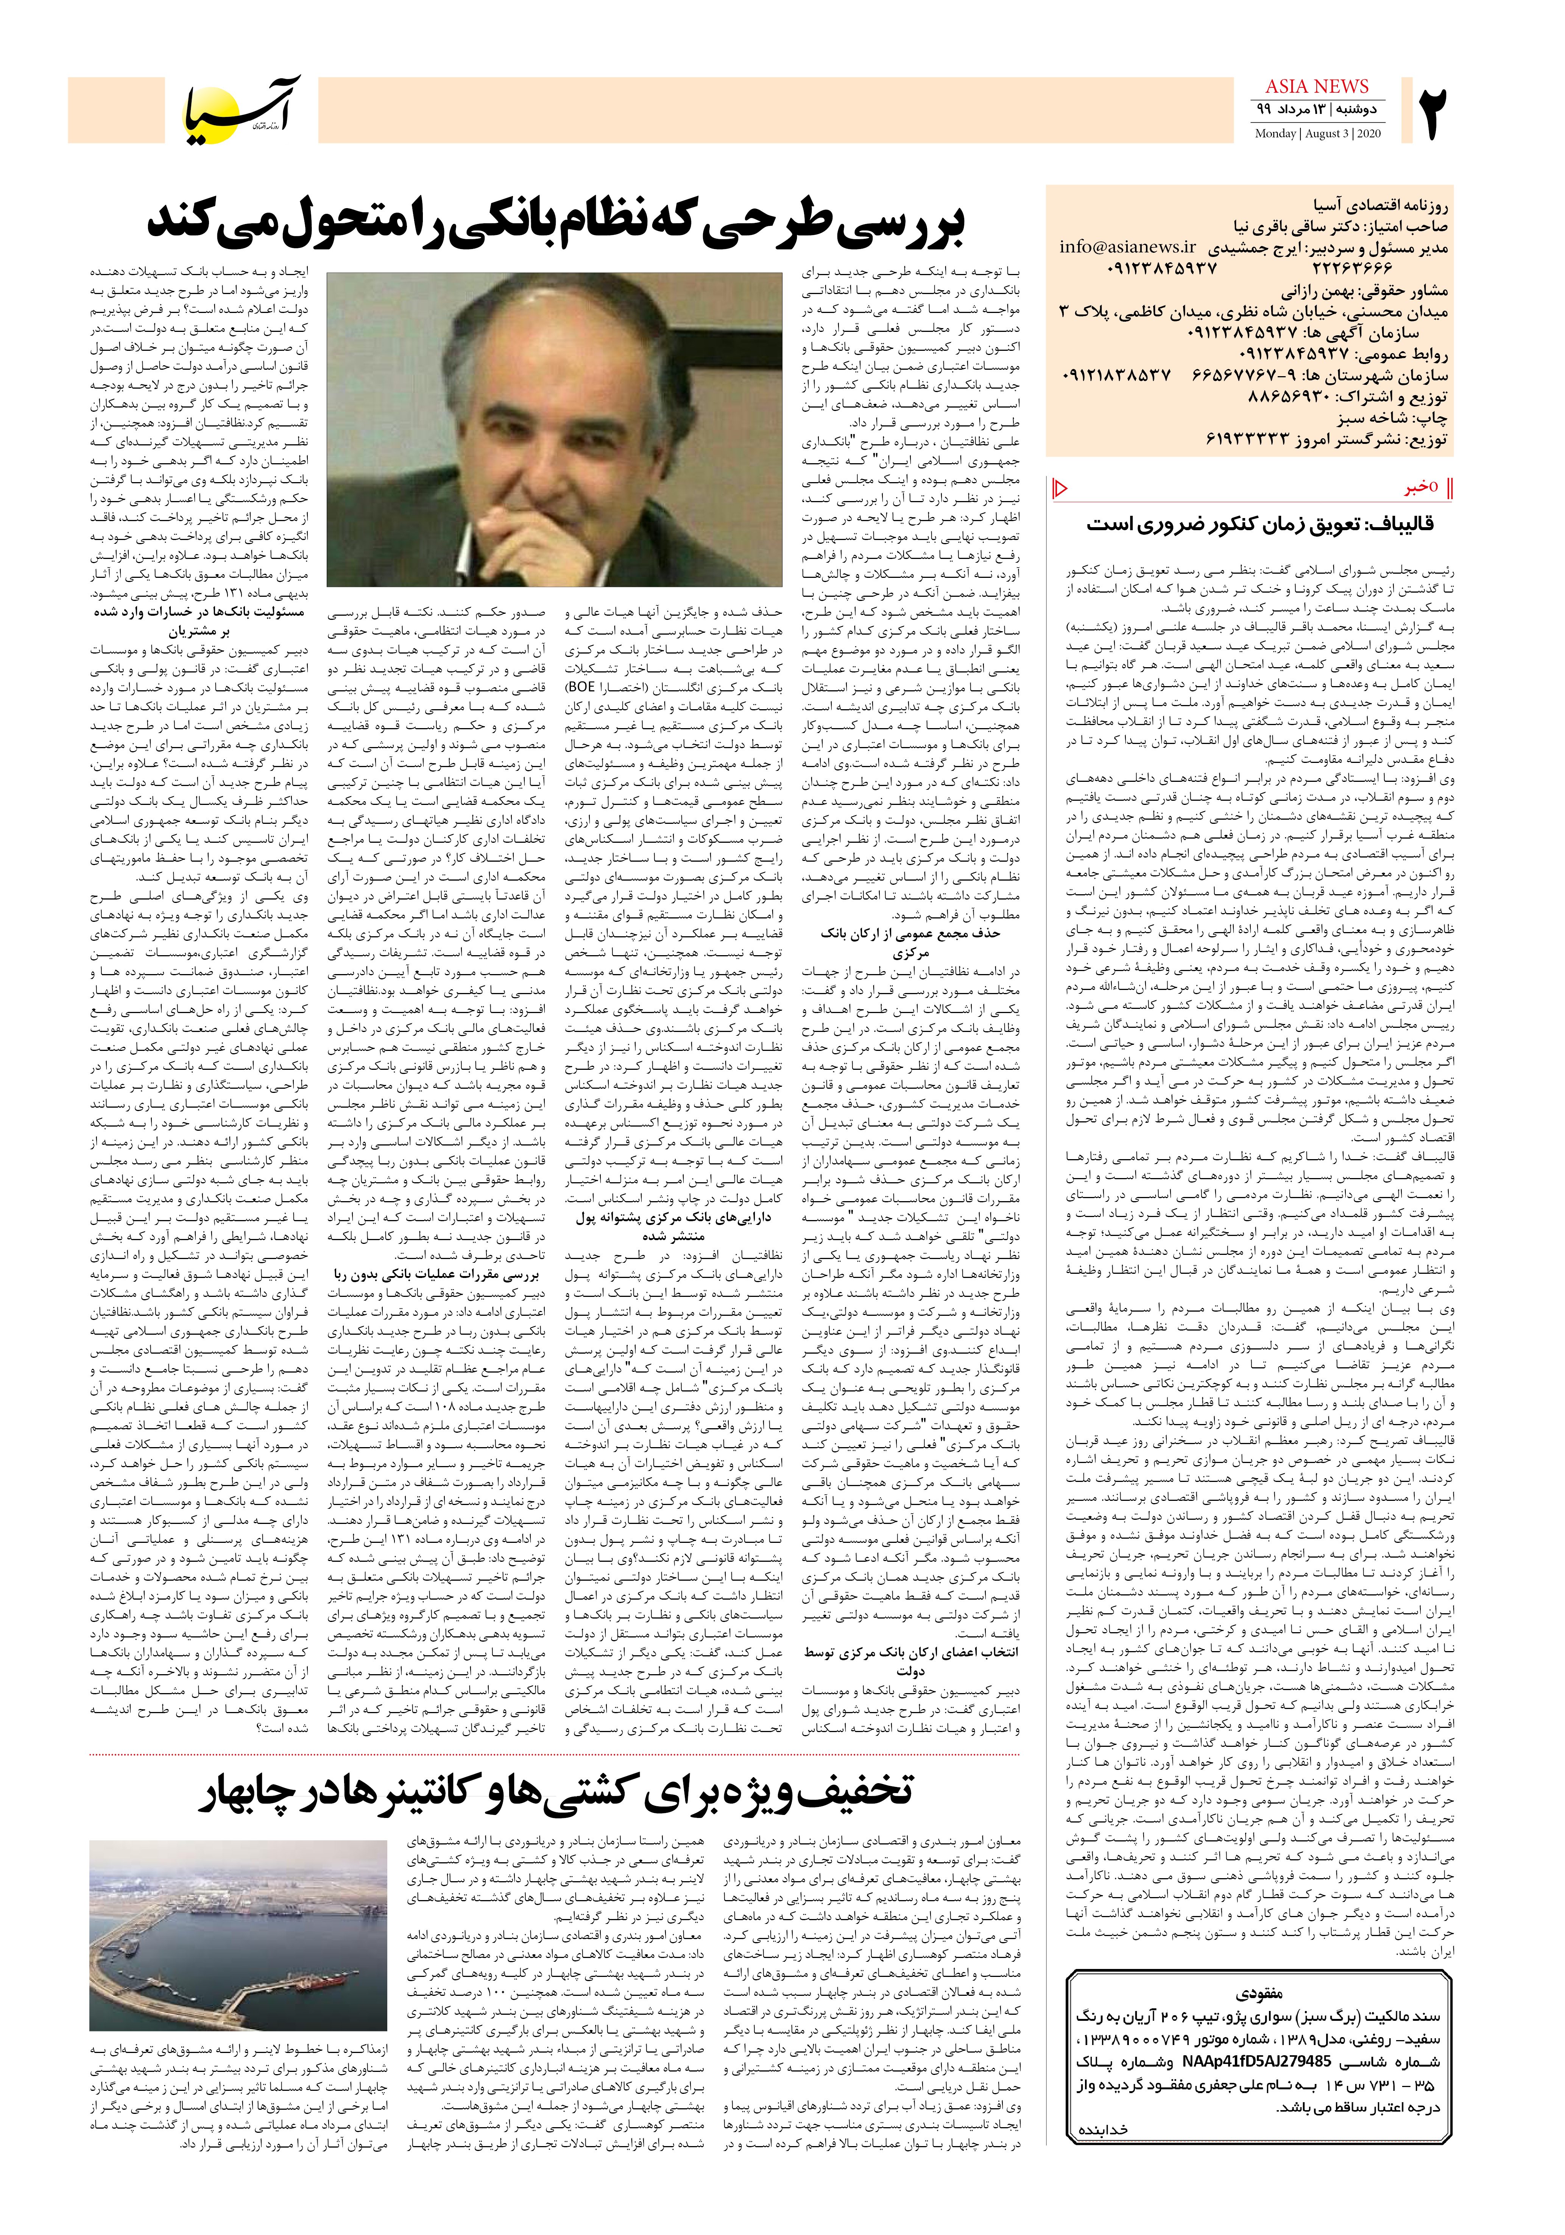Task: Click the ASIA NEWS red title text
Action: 1317,87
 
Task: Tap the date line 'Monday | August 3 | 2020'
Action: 1317,133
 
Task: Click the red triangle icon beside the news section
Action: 1062,488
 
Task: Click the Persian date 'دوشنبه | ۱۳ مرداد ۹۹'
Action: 1317,109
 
